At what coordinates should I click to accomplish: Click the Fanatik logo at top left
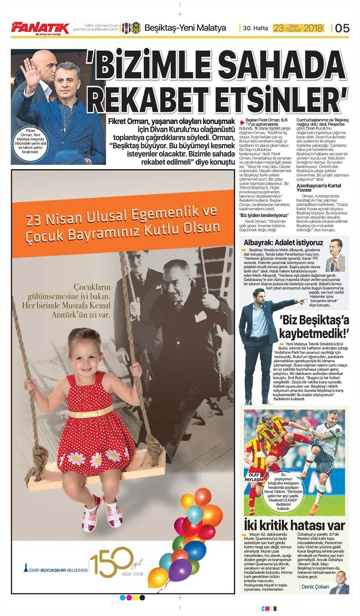(40, 28)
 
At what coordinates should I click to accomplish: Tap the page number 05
(342, 28)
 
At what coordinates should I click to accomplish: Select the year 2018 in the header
(314, 28)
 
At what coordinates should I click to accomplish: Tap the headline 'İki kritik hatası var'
(294, 525)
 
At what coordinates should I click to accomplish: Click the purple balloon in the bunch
(180, 569)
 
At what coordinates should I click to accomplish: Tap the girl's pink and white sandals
(102, 512)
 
